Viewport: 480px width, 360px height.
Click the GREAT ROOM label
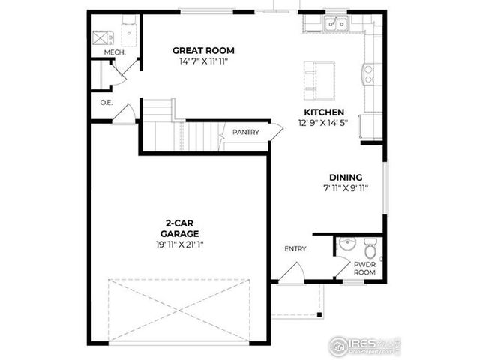(203, 51)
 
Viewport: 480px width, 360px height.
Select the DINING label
(345, 178)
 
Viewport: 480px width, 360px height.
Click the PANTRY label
(245, 133)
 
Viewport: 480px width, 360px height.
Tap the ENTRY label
(295, 248)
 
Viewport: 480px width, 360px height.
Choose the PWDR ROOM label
(364, 268)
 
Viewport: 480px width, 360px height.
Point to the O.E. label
(106, 102)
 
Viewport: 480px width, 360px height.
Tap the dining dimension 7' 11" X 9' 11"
(345, 187)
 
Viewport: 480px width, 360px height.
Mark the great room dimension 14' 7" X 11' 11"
(203, 61)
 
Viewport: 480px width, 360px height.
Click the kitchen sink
(335, 25)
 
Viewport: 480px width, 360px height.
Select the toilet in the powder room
(370, 247)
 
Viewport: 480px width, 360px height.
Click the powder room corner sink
(344, 244)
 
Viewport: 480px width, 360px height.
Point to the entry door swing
(295, 273)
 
